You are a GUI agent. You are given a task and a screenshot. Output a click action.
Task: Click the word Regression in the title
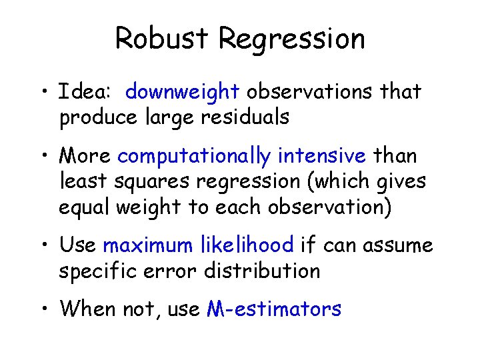point(292,39)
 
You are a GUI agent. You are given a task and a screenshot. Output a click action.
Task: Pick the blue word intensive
point(322,156)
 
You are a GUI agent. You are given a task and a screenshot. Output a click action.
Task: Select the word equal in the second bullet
point(84,207)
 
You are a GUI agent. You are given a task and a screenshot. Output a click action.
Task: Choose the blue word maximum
point(148,245)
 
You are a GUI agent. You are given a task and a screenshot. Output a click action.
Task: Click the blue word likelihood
point(247,245)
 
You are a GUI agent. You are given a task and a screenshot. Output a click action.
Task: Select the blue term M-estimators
point(275,309)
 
